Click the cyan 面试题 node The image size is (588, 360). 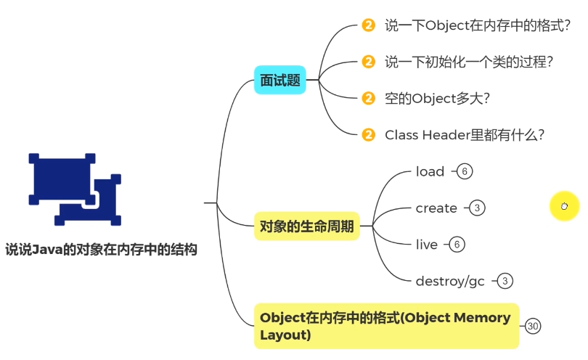click(280, 81)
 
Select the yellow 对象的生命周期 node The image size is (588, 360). click(307, 227)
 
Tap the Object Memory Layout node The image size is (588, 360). click(385, 326)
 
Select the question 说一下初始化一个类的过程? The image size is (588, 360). click(470, 62)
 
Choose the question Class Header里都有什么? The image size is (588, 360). click(465, 134)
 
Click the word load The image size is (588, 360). click(430, 172)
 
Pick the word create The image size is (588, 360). click(436, 208)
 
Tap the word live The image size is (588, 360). click(427, 245)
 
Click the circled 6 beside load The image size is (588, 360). click(464, 172)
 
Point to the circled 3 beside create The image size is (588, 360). click(477, 208)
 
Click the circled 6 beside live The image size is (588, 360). click(457, 245)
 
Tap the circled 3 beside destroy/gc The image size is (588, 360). click(506, 281)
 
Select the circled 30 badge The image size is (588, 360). click(533, 326)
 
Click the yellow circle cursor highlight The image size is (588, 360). click(564, 205)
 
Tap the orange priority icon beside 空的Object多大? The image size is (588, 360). click(368, 98)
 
